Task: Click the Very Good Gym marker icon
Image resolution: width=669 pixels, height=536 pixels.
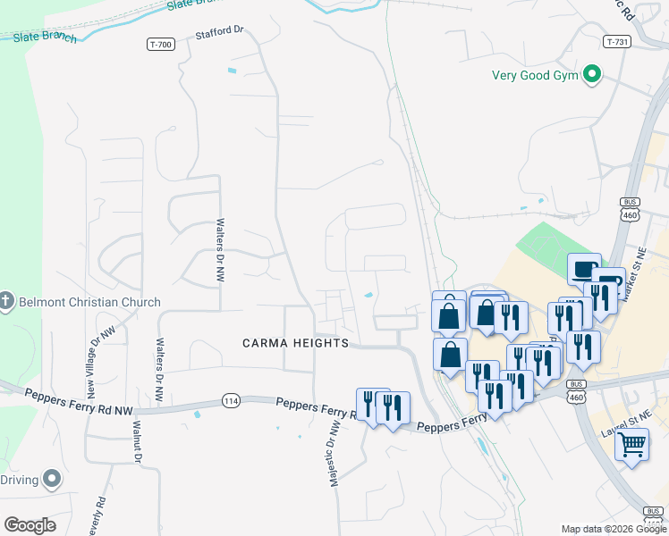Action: click(x=591, y=75)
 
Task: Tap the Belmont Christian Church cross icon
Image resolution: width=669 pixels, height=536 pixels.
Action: click(x=5, y=302)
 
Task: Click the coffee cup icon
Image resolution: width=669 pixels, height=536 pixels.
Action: click(x=584, y=268)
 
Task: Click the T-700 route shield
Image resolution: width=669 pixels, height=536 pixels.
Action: click(x=160, y=43)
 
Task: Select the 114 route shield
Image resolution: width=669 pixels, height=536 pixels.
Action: click(x=232, y=401)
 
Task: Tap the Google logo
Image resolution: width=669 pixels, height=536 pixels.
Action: click(x=30, y=525)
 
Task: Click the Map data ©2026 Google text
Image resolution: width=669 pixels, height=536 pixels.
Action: click(x=614, y=529)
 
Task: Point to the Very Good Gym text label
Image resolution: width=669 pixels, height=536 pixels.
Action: click(x=534, y=75)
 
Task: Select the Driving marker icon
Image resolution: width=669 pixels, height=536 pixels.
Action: click(x=52, y=480)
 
